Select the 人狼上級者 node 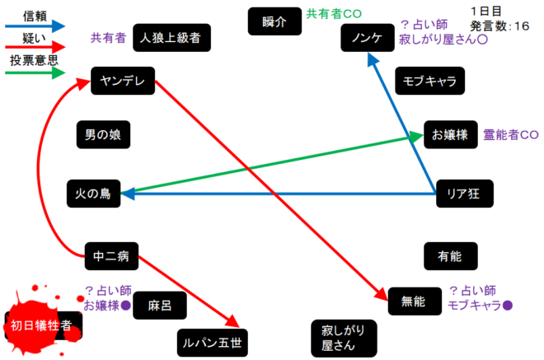(171, 37)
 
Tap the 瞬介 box (274, 21)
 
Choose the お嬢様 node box (450, 134)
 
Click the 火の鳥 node (94, 194)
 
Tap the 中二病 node (111, 256)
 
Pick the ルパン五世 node (212, 340)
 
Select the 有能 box (449, 256)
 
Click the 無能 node (413, 302)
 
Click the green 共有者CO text (334, 14)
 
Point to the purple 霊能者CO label (510, 134)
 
